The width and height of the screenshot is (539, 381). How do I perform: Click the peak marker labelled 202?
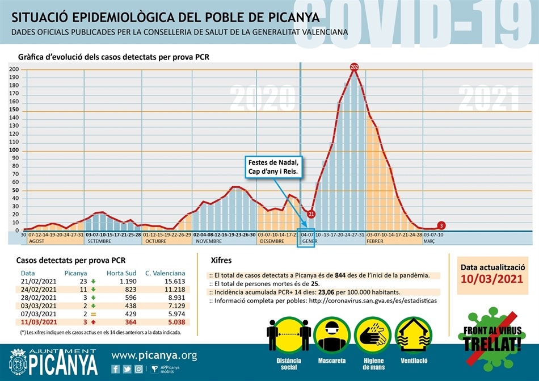pos(355,68)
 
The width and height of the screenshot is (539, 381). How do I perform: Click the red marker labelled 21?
pos(311,214)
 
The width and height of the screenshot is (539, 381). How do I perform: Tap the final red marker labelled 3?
pos(441,225)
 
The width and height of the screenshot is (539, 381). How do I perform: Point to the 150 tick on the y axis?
pos(14,110)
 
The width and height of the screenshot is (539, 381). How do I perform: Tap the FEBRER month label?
pos(376,241)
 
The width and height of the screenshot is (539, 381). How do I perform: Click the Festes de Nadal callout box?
pos(272,166)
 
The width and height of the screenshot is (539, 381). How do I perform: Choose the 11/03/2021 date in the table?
pos(39,322)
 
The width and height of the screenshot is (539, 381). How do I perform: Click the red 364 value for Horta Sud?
pos(121,322)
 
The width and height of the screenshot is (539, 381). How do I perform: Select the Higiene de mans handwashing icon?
pos(371,336)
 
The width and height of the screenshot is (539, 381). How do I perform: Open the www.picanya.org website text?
pos(154,356)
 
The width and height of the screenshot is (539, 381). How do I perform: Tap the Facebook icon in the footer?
pos(116,369)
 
